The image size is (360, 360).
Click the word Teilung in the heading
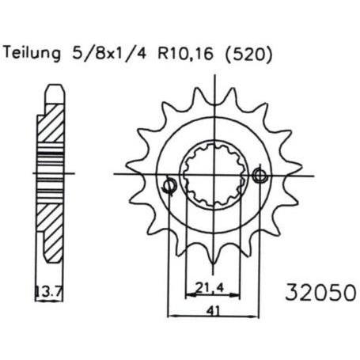[x=32, y=54]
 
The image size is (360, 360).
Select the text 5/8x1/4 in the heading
[x=109, y=54]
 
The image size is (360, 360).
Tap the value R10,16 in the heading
[x=186, y=54]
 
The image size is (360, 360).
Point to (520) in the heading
[x=248, y=55]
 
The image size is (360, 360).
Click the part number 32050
[x=321, y=292]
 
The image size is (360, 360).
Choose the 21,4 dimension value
[x=210, y=287]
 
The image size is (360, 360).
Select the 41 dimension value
[x=213, y=311]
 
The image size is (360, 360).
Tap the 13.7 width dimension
[x=49, y=291]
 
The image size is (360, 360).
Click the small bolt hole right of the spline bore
[x=260, y=176]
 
